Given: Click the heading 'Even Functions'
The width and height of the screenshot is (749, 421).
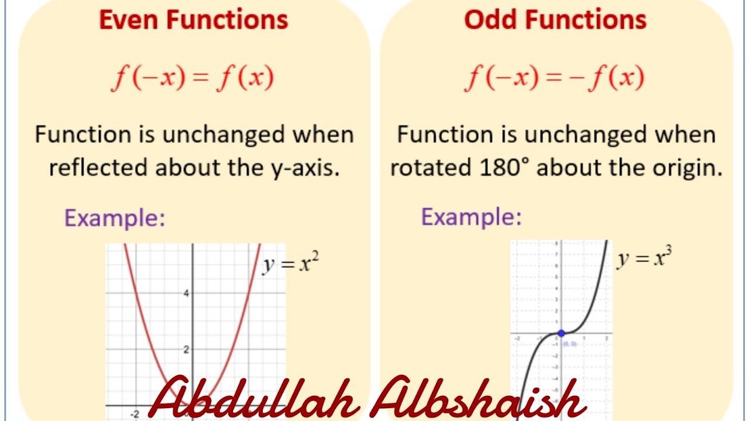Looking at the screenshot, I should pos(194,20).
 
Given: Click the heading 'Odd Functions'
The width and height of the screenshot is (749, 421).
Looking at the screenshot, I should pos(555,20).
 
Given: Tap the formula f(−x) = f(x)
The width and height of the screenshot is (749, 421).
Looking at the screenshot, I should pos(193,78).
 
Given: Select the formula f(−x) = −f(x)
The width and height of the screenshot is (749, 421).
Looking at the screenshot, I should pos(554,78).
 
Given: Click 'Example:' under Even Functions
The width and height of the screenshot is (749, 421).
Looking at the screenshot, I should pos(115,218).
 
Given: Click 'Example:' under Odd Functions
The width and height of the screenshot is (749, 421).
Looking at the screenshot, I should pos(471,218).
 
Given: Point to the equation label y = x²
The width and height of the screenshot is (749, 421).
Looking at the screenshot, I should pos(291,264).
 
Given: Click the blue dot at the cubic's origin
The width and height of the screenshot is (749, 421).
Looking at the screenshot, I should pos(561,333).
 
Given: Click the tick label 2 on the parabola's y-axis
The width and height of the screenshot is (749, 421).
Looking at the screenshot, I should pos(186,350).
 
